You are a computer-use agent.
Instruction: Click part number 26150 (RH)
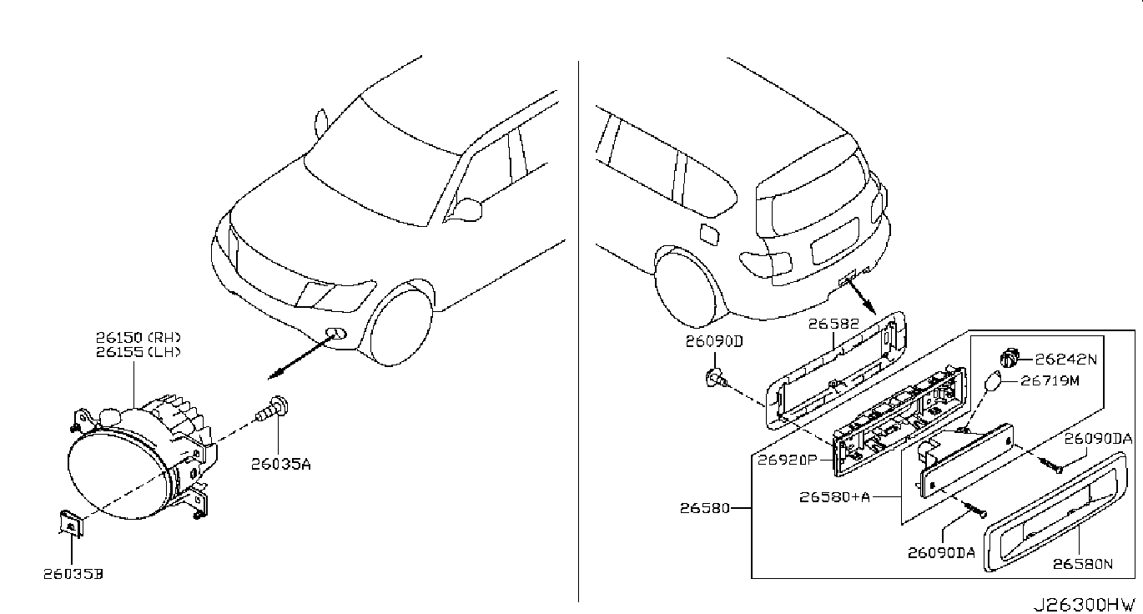coord(138,337)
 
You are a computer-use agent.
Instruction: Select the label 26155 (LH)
coord(138,352)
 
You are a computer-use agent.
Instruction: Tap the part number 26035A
coord(280,464)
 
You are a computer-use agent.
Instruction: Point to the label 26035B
coord(73,574)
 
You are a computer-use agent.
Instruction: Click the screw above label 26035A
coord(272,410)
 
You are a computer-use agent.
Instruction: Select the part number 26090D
coord(714,341)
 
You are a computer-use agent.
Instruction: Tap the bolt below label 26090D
coord(716,380)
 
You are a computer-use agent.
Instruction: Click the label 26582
coord(833,324)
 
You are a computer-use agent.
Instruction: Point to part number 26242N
coord(1065,360)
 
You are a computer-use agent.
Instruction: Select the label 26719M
coord(1050,380)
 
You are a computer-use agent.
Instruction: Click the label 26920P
coord(787,460)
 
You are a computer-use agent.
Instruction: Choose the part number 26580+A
coord(834,496)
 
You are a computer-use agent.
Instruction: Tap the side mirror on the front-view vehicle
coord(467,209)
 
